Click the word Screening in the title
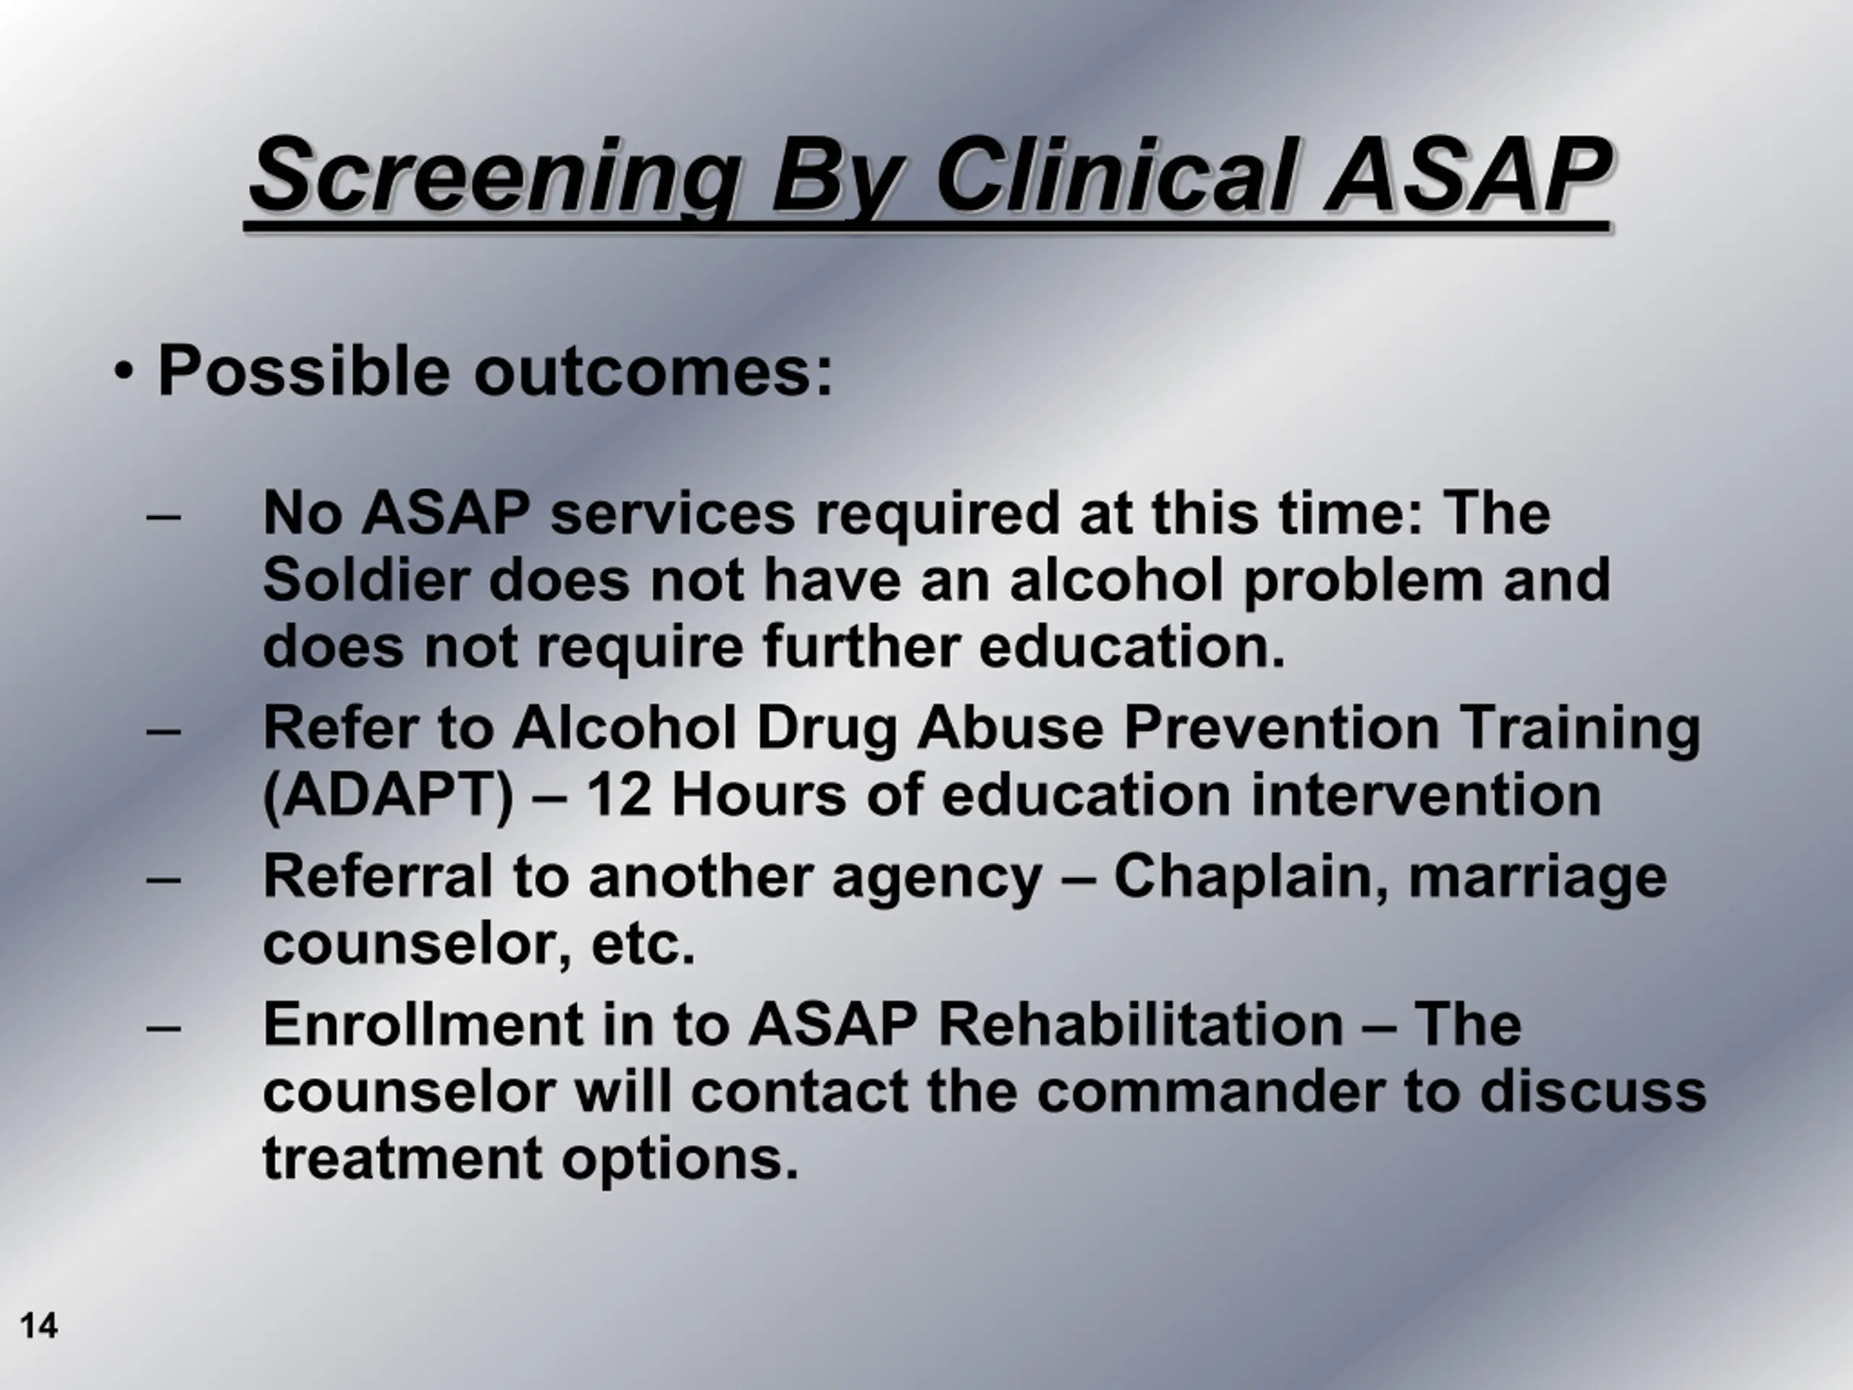496,176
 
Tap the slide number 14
38,1326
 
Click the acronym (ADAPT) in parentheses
388,796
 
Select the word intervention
1426,794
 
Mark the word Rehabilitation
1140,1024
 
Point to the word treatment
403,1160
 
